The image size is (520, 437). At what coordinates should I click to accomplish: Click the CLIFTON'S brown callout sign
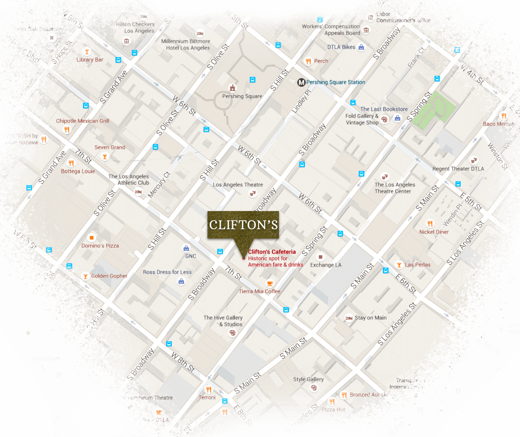pos(243,225)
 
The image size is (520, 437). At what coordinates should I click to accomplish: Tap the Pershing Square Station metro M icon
pos(301,82)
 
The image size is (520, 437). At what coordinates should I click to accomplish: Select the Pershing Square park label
pos(242,96)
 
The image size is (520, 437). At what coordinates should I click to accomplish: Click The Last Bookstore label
pos(384,109)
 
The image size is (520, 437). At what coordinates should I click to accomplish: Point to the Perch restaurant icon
pos(308,61)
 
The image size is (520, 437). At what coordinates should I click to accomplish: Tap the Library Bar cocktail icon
pos(86,51)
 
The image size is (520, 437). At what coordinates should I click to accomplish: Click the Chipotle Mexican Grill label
pos(83,121)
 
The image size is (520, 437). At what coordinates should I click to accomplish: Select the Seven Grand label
pos(110,147)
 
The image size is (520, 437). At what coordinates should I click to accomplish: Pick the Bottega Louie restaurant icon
pos(71,163)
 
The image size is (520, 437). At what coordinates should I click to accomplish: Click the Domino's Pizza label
pos(100,246)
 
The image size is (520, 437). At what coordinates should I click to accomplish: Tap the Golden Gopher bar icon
pos(85,276)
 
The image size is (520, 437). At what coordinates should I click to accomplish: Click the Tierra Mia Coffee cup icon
pos(270,283)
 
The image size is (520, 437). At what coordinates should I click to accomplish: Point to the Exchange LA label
pos(326,265)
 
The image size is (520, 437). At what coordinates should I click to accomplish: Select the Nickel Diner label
pos(434,232)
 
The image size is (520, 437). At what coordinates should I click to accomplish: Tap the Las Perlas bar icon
pos(399,265)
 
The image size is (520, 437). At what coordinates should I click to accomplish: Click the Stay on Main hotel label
pos(370,318)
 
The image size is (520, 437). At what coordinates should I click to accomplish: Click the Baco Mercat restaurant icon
pos(503,116)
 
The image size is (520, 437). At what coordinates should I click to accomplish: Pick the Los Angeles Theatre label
pos(238,185)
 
